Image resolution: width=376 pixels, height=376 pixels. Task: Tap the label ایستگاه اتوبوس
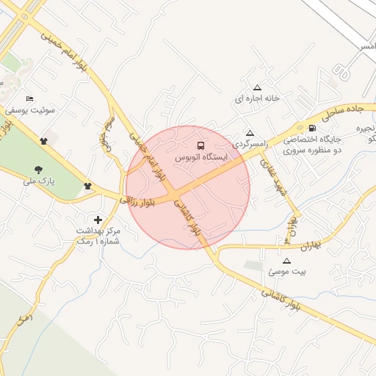(x=202, y=157)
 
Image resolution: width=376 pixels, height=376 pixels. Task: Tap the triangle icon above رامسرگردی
(x=250, y=134)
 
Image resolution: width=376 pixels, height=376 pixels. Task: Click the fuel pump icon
(x=314, y=127)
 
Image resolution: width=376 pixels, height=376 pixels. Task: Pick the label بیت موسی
(x=286, y=272)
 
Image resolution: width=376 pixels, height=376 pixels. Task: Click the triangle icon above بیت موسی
(x=286, y=261)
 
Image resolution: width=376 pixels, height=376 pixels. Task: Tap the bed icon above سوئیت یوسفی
(x=29, y=98)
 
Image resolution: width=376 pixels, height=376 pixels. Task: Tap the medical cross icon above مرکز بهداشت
(x=98, y=219)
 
